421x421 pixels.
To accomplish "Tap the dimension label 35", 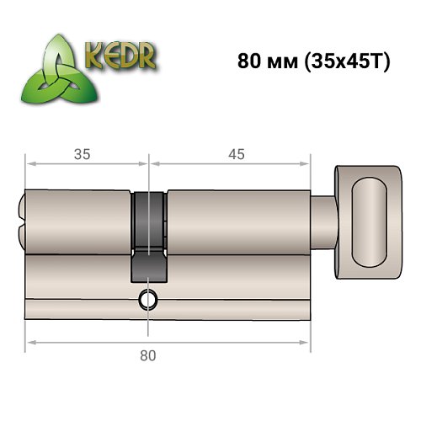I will pyautogui.click(x=83, y=153).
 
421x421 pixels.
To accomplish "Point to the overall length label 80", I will pyautogui.click(x=148, y=355).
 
